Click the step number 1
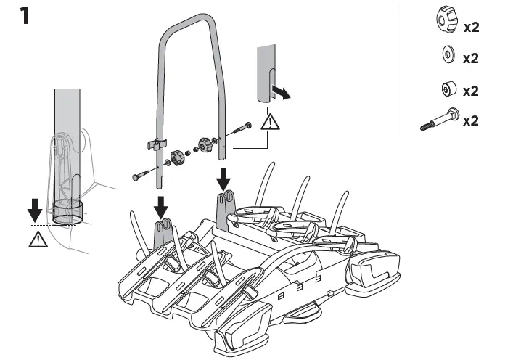click(x=25, y=16)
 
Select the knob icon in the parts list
click(x=446, y=22)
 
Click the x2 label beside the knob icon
click(x=471, y=28)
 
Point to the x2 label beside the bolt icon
click(x=471, y=120)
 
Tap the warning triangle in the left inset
click(x=34, y=239)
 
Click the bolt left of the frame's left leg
click(x=144, y=174)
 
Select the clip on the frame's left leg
click(x=157, y=143)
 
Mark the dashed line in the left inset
click(x=58, y=225)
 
